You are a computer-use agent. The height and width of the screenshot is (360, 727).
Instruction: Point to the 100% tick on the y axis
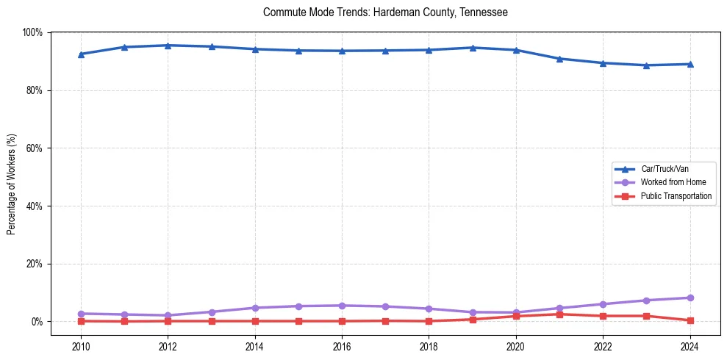[32, 32]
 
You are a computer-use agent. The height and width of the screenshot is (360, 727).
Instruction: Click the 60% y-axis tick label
[34, 148]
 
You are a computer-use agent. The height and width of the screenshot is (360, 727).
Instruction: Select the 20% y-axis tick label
[34, 264]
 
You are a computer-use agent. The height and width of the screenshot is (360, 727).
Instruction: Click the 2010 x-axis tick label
[81, 346]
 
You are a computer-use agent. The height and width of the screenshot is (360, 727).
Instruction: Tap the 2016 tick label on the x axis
[342, 346]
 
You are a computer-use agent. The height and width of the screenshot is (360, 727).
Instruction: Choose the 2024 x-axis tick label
[690, 346]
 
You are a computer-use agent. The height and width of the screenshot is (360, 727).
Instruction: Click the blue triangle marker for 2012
[168, 46]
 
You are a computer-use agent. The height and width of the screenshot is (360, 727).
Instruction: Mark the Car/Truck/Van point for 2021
[559, 59]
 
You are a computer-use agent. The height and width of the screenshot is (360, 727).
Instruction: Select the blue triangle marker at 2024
[690, 64]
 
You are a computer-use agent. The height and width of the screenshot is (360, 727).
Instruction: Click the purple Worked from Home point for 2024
[690, 298]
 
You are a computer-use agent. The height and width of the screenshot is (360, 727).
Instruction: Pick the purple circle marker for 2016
[342, 306]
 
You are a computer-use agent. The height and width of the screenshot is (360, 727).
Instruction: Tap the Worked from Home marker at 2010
[81, 314]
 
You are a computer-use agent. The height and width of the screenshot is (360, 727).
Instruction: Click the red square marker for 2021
[559, 314]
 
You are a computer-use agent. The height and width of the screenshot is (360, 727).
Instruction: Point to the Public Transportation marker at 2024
[690, 320]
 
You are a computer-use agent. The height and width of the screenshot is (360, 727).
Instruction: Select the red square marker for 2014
[255, 321]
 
